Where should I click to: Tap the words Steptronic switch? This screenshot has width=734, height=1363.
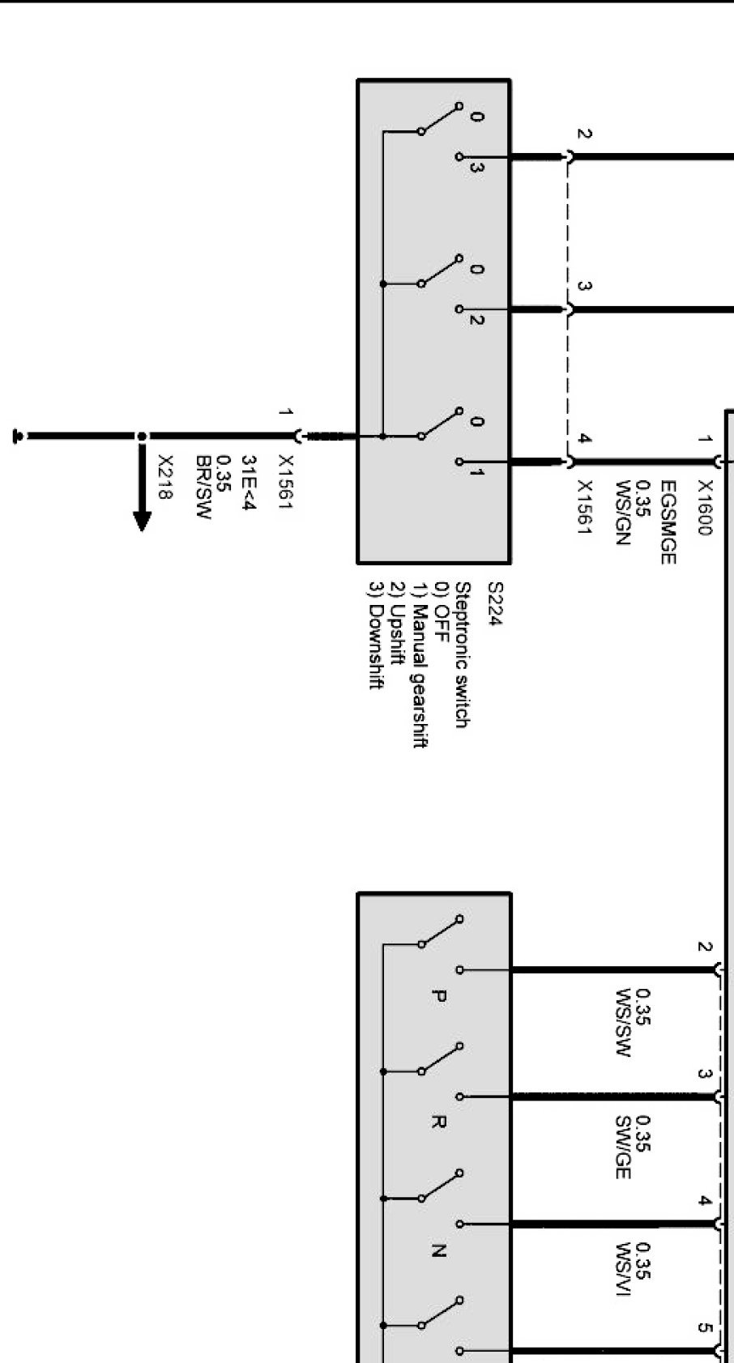[462, 654]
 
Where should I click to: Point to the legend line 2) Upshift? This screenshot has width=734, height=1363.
[397, 624]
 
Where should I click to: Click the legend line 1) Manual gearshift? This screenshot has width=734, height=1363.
[419, 665]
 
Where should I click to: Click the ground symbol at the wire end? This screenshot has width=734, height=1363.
[17, 437]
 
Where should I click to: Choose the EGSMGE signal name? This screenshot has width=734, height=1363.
[668, 522]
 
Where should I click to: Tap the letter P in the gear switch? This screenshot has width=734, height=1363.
[437, 996]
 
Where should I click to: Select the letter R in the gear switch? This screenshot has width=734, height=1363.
[437, 1122]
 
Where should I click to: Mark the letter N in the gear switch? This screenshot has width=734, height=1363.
[437, 1250]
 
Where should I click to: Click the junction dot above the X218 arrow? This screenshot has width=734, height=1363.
[142, 436]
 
